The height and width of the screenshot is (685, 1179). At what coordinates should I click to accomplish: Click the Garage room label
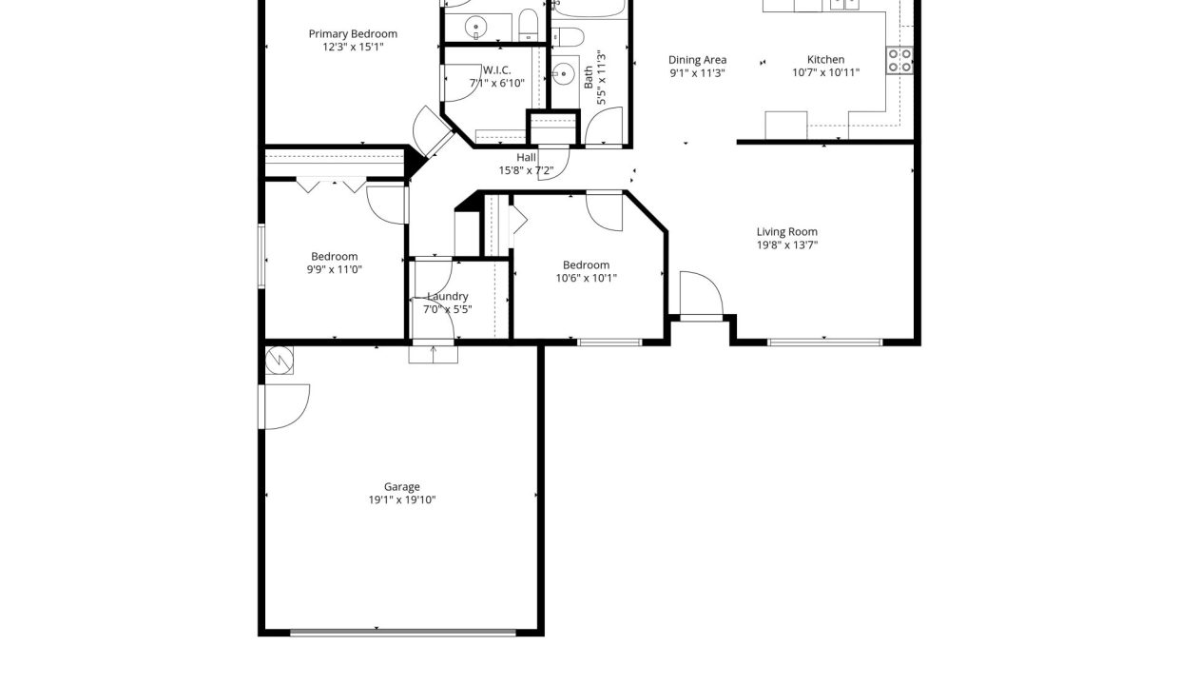[x=401, y=486]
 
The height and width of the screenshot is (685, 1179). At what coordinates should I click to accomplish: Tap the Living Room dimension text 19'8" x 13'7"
[x=787, y=245]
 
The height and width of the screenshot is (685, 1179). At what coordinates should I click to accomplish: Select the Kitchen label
[x=826, y=60]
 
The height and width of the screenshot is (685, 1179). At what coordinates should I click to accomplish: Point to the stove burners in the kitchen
[x=899, y=61]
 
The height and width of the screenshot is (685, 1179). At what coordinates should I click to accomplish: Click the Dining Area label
[x=697, y=60]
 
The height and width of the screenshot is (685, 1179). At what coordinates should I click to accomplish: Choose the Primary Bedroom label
[x=353, y=34]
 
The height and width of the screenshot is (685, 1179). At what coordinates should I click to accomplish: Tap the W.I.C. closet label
[x=497, y=70]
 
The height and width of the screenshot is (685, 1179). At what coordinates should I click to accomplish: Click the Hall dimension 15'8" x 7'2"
[x=527, y=170]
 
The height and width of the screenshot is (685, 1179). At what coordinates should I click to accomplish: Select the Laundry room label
[x=448, y=297]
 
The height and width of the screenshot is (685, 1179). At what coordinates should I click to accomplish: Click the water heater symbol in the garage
[x=279, y=361]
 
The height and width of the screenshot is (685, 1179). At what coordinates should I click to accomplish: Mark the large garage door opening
[x=403, y=633]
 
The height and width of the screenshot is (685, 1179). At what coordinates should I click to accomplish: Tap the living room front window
[x=824, y=342]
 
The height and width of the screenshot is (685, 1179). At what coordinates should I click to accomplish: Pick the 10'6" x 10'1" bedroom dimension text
[x=586, y=278]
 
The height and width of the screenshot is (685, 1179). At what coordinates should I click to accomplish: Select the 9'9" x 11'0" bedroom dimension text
[x=335, y=269]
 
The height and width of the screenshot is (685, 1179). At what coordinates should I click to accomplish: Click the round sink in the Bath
[x=564, y=73]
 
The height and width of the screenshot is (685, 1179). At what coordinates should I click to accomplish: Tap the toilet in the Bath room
[x=568, y=37]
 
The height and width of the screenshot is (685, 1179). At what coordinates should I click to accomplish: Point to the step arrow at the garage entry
[x=434, y=354]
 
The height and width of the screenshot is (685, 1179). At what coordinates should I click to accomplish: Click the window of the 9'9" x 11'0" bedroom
[x=261, y=257]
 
